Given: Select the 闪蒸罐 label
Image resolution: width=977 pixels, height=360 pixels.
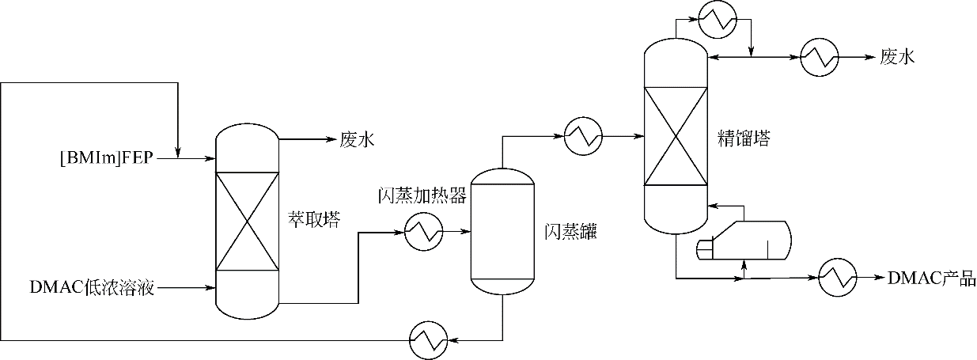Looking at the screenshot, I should click(x=570, y=232).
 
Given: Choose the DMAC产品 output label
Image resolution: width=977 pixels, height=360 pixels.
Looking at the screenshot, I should click(x=932, y=278).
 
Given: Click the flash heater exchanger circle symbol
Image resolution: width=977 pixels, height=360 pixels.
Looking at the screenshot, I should click(x=424, y=231).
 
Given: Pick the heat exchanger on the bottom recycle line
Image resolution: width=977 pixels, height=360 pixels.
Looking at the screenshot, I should click(x=428, y=340).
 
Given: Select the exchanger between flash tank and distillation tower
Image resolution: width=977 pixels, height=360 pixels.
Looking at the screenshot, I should click(x=584, y=136).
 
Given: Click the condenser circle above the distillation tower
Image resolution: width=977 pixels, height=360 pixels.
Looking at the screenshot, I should click(x=718, y=19).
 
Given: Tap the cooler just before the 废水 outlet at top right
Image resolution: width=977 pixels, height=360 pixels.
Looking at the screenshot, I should click(x=820, y=57).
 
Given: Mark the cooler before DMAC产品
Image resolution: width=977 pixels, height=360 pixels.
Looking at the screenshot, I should click(x=838, y=278).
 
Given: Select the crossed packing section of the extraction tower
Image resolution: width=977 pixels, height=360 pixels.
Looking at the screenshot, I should click(x=247, y=222).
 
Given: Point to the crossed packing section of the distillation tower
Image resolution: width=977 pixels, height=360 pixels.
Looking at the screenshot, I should click(x=675, y=136).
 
